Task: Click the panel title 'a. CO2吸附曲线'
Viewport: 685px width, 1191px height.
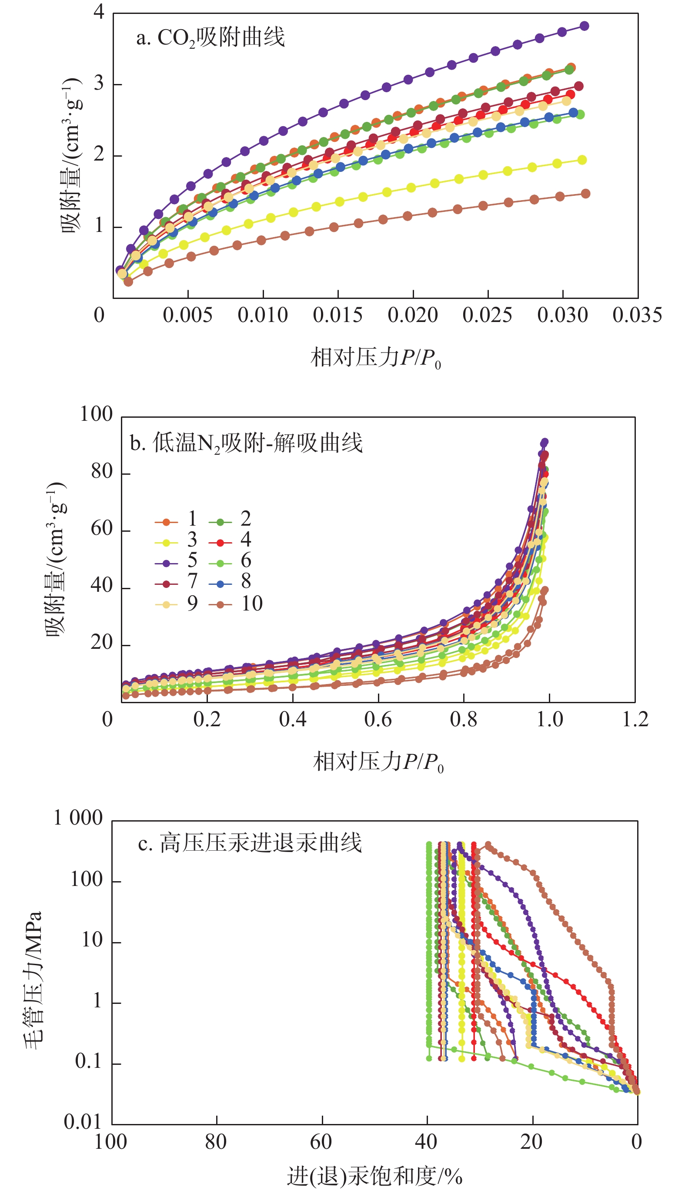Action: (211, 38)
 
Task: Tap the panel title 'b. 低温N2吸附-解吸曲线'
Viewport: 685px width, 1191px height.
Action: (246, 443)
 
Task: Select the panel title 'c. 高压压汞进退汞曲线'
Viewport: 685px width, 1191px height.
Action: (250, 843)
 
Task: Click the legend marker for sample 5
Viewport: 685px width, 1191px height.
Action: (166, 563)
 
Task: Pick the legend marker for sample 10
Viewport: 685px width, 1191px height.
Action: (220, 605)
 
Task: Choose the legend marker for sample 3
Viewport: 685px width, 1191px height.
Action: (166, 542)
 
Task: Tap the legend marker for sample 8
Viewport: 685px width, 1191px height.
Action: (220, 584)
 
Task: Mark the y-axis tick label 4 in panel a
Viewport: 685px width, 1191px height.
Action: (99, 11)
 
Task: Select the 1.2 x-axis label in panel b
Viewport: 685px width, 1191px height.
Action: (635, 719)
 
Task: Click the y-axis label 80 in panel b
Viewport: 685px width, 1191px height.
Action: (102, 472)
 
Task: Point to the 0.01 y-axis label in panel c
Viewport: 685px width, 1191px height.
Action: (83, 1122)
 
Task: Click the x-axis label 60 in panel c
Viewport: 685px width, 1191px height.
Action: (321, 1141)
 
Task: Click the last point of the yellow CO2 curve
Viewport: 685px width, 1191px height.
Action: (582, 160)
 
